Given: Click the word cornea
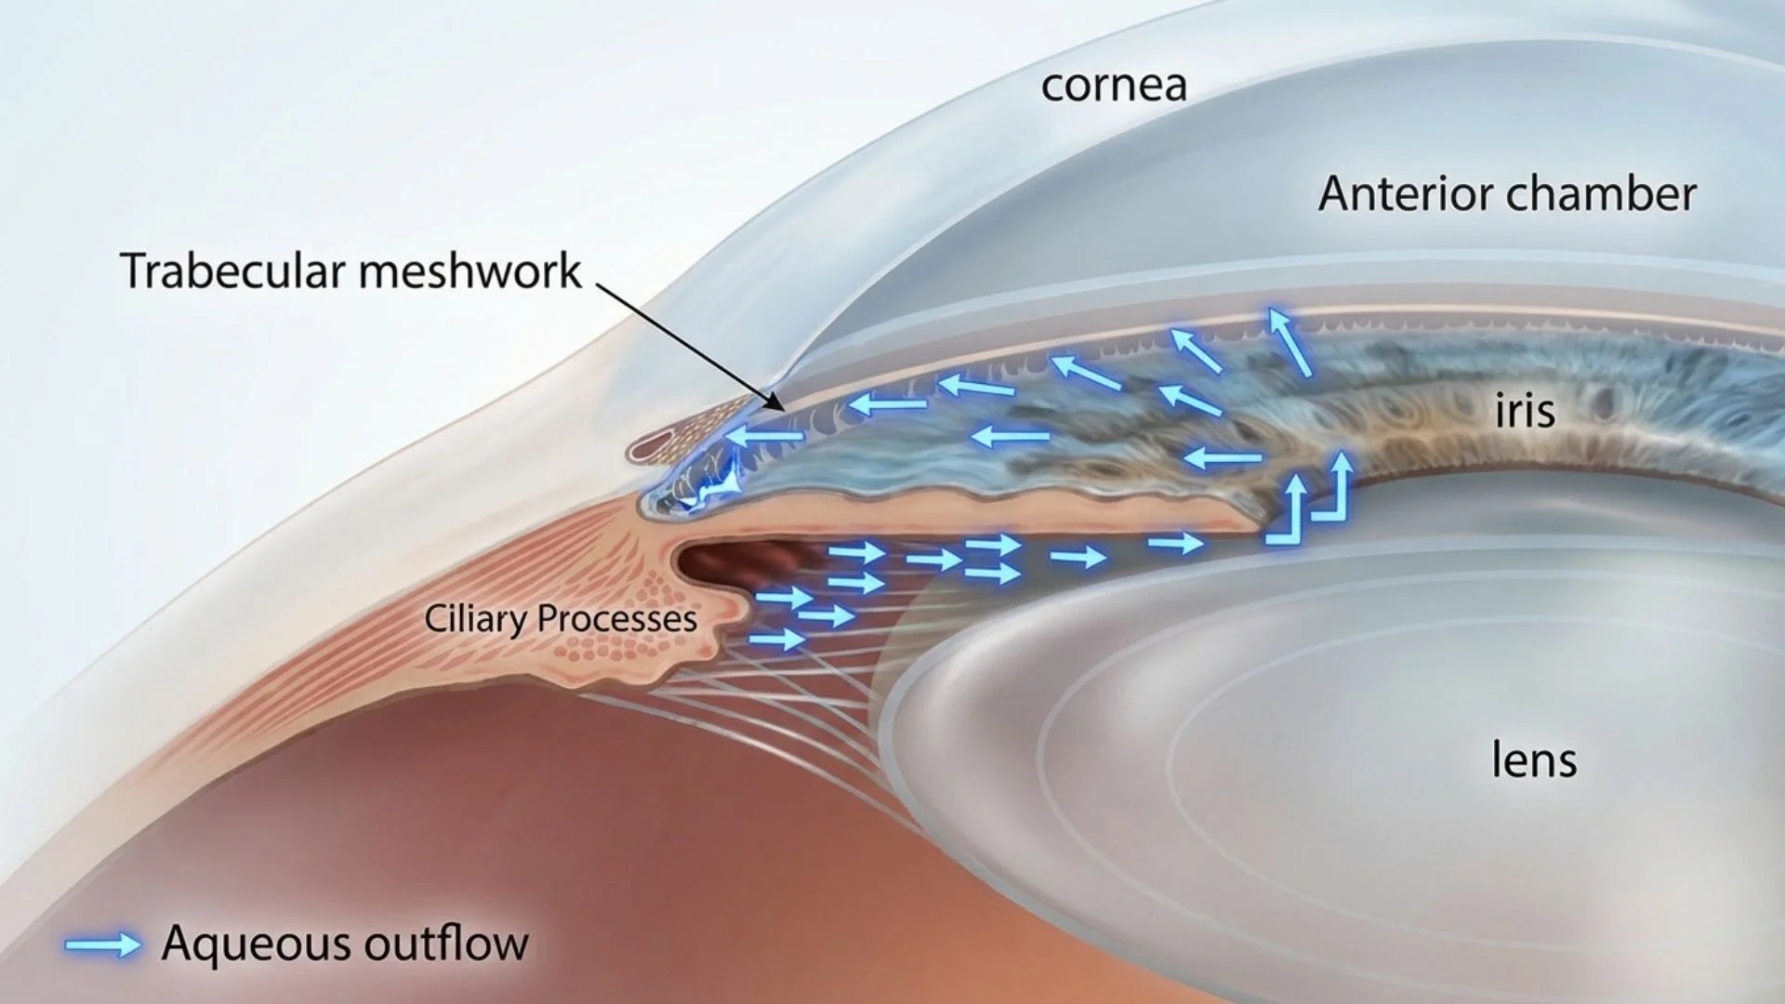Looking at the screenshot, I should (x=1114, y=86).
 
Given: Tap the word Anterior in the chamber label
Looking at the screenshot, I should (x=1406, y=194).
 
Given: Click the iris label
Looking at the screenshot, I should (x=1525, y=410).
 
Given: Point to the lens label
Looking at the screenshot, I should (x=1534, y=760).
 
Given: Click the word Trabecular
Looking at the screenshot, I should (x=232, y=271).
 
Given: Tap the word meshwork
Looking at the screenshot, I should (x=469, y=271).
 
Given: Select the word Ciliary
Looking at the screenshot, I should (x=476, y=619).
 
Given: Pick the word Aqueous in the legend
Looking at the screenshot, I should (x=258, y=943).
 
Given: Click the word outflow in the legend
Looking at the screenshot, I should (x=446, y=943).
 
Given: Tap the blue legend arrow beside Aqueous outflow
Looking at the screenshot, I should (x=102, y=945).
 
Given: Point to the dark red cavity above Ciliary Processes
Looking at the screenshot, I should (x=734, y=562).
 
